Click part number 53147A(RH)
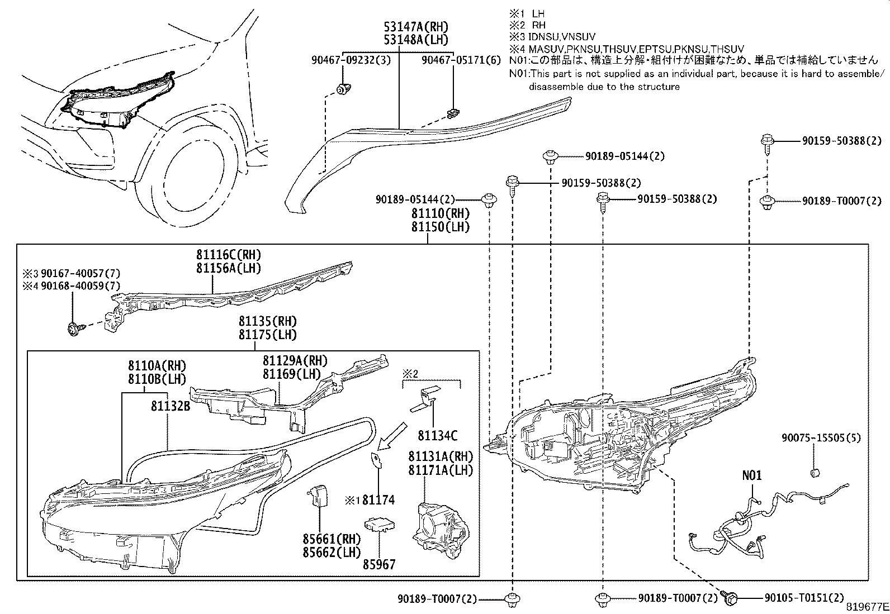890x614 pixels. click(416, 26)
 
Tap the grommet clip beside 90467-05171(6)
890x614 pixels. click(452, 114)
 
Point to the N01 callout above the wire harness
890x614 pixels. click(752, 475)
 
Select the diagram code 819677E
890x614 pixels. click(866, 607)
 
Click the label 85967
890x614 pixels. click(379, 564)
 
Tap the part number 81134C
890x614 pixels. click(437, 435)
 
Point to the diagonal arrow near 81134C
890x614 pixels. click(391, 436)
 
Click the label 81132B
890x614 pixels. click(170, 406)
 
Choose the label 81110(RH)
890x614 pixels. click(441, 213)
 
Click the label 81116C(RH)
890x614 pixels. click(229, 255)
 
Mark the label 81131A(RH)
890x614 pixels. click(441, 456)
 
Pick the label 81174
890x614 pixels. click(378, 500)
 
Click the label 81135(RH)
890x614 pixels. click(267, 321)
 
